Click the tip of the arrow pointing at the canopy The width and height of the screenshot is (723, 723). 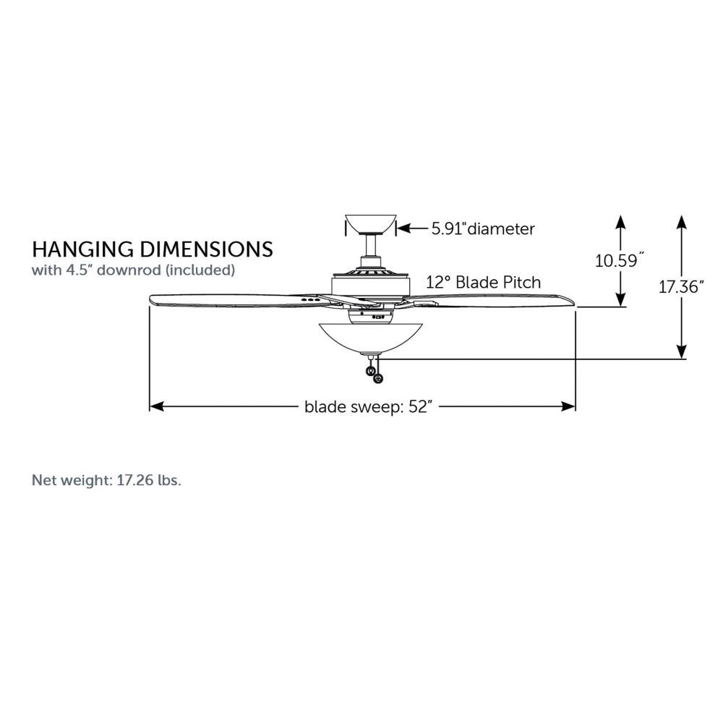pyautogui.click(x=398, y=228)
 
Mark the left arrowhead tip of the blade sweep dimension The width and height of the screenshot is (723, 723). pyautogui.click(x=150, y=406)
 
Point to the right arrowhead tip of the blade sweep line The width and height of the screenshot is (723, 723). pyautogui.click(x=576, y=406)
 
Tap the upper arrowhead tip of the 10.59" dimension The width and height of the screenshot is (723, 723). pyautogui.click(x=620, y=215)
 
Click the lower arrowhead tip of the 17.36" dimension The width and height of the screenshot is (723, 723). pyautogui.click(x=682, y=359)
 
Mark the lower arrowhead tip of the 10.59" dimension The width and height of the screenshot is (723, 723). pyautogui.click(x=620, y=306)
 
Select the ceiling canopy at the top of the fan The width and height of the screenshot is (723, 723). pyautogui.click(x=371, y=225)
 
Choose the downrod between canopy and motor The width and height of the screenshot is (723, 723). pyautogui.click(x=371, y=247)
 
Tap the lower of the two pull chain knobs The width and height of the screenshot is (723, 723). pyautogui.click(x=378, y=379)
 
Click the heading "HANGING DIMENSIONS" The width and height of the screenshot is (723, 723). pyautogui.click(x=152, y=249)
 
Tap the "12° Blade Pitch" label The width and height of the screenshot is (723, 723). pyautogui.click(x=483, y=282)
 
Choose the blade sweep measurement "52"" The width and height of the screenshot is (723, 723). pyautogui.click(x=420, y=406)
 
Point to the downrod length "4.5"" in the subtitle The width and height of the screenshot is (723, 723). pyautogui.click(x=79, y=270)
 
